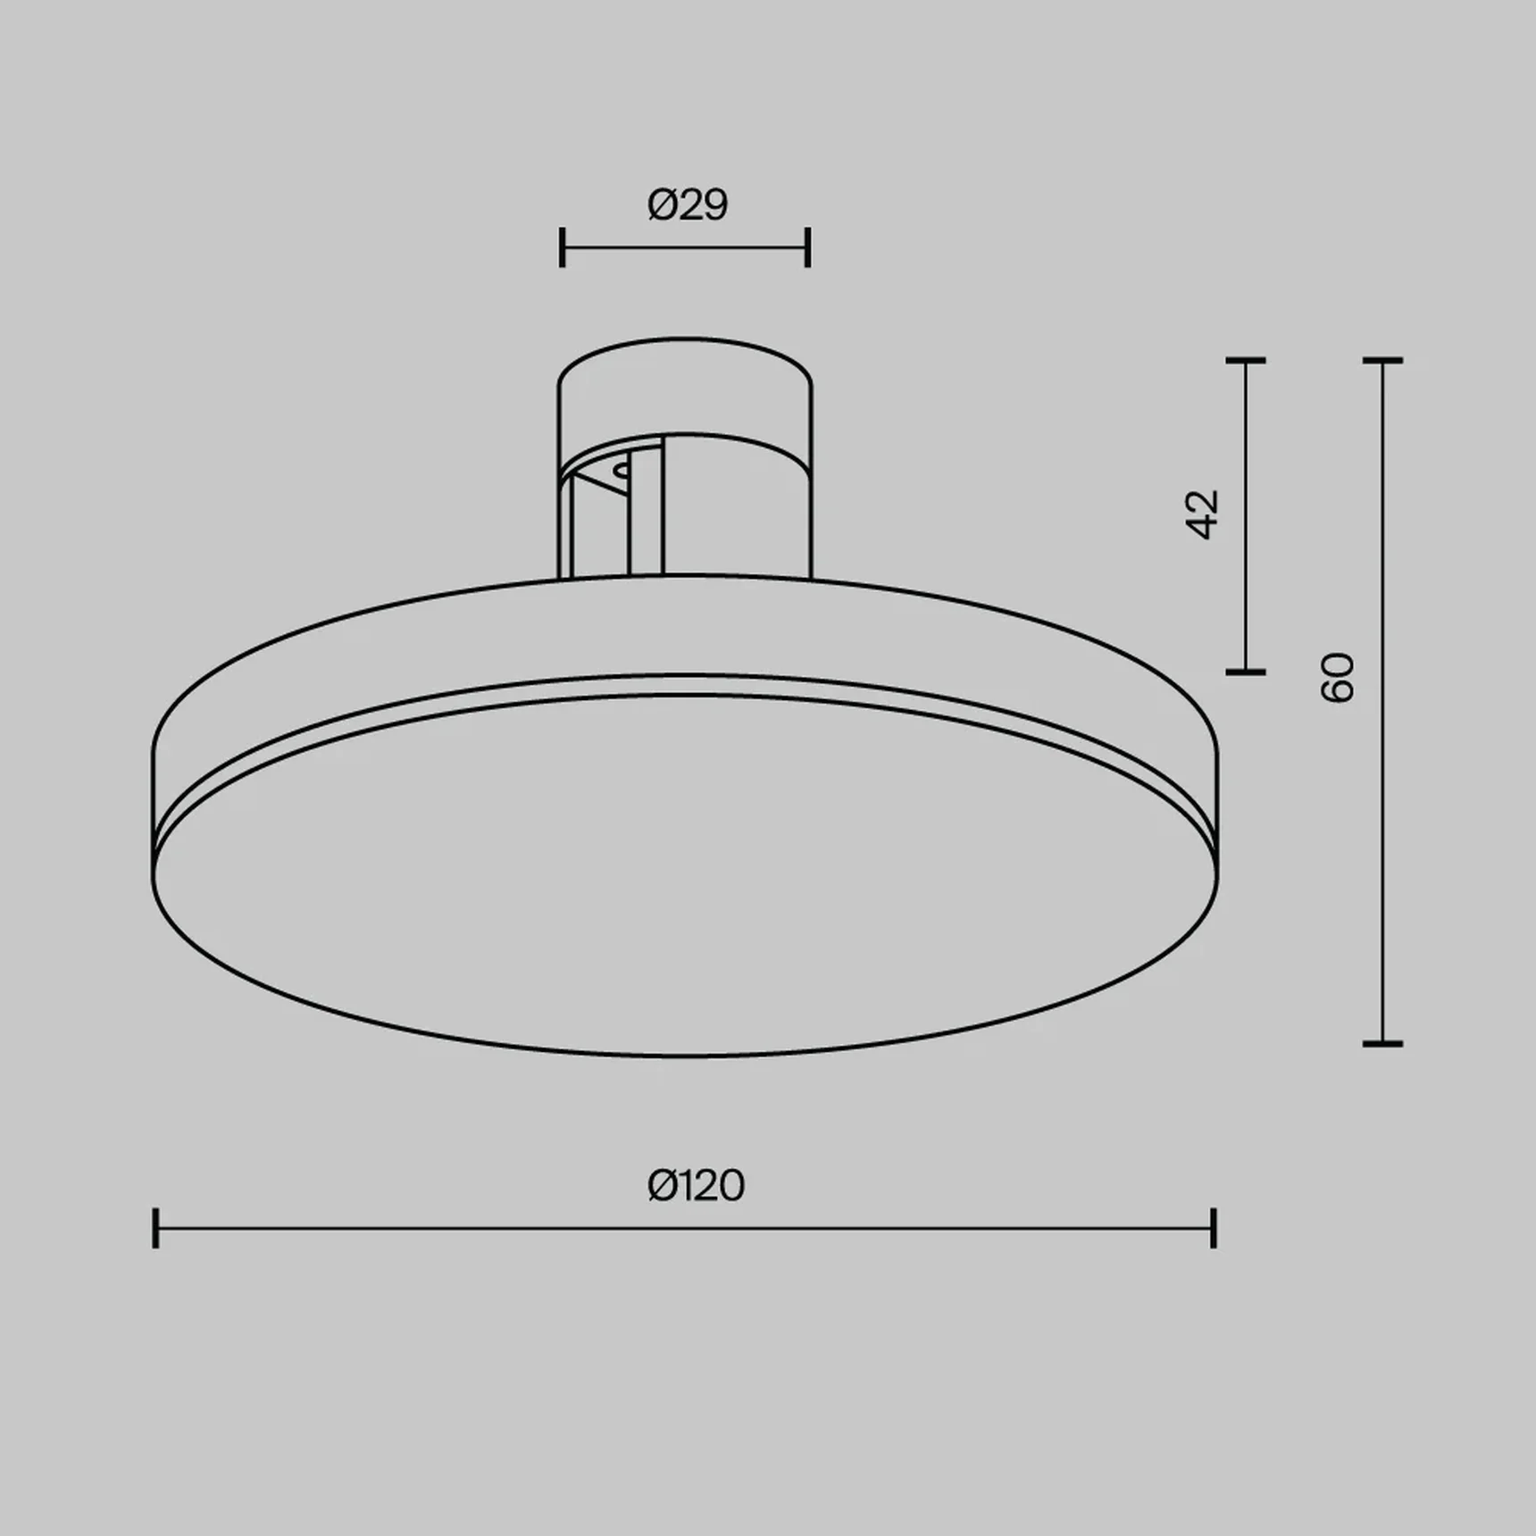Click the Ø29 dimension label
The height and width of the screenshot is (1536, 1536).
tap(687, 205)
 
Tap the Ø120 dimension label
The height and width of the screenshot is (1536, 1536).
tap(696, 1186)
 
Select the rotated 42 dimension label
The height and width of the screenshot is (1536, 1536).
tap(1203, 514)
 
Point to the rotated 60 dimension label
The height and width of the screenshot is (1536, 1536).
tap(1338, 678)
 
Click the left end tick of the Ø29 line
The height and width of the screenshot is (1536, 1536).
tap(562, 247)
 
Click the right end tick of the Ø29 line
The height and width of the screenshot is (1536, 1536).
tap(807, 247)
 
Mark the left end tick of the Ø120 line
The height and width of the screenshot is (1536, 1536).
tap(156, 1228)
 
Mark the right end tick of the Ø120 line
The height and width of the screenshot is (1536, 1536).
tap(1214, 1228)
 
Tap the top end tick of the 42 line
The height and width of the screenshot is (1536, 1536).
tap(1246, 361)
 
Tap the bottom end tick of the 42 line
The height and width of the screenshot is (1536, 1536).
tap(1246, 671)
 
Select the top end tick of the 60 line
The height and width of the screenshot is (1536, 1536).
tap(1383, 361)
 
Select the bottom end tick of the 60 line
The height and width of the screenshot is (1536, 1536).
tap(1383, 1043)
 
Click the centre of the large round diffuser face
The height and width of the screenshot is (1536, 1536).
tap(685, 875)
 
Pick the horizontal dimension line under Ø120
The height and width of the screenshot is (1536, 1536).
tap(536, 1228)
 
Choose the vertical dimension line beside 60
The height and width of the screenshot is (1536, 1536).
tap(1383, 848)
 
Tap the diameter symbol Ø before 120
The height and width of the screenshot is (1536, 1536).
tap(662, 1186)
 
